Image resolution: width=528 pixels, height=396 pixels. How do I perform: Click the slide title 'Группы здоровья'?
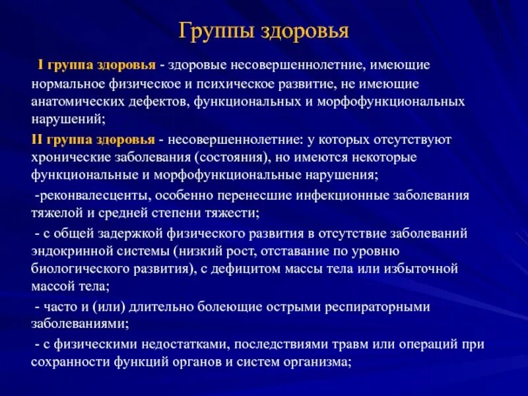264,31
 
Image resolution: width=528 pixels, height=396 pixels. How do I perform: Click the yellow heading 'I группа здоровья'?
96,65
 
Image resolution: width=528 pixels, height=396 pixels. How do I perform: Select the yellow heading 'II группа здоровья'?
94,140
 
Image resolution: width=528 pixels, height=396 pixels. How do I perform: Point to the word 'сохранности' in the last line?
67,362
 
